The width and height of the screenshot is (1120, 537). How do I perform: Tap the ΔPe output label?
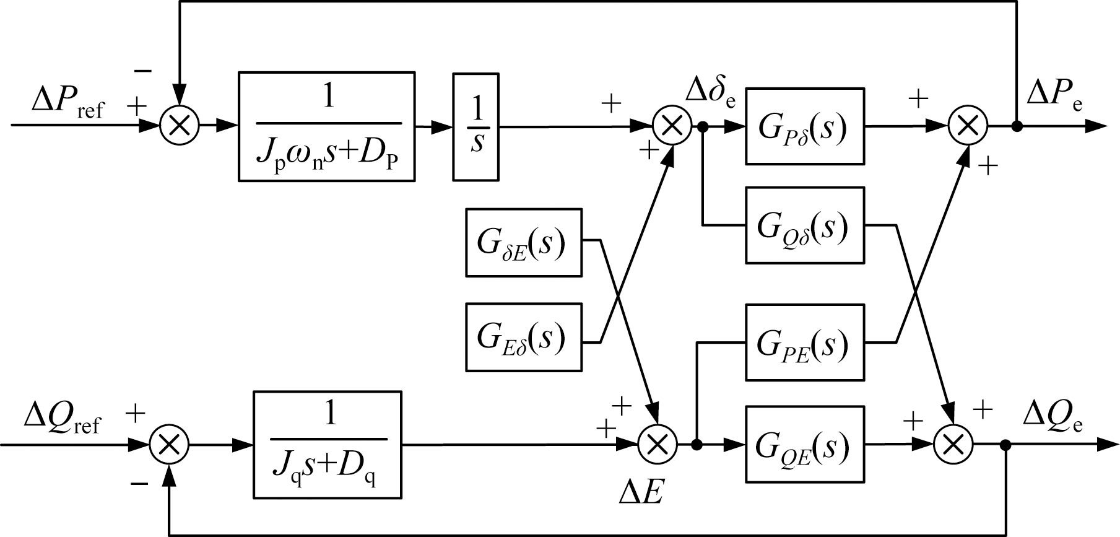click(x=1054, y=94)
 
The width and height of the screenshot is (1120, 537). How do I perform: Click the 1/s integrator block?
click(x=475, y=127)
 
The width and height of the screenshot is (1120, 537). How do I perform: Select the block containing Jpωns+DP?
click(x=327, y=127)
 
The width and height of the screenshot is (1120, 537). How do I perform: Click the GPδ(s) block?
click(x=804, y=126)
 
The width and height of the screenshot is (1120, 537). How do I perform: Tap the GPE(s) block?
click(x=804, y=342)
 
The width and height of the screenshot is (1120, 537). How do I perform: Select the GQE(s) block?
click(x=804, y=444)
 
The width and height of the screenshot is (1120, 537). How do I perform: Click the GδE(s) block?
click(x=524, y=242)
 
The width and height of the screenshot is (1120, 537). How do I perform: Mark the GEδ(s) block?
click(x=524, y=337)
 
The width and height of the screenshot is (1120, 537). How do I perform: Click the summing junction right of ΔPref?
click(x=180, y=126)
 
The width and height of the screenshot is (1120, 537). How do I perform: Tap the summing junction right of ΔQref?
click(x=170, y=445)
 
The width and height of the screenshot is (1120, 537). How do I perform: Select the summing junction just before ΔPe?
click(x=968, y=126)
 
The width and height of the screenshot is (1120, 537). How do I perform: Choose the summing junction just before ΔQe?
click(x=953, y=445)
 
